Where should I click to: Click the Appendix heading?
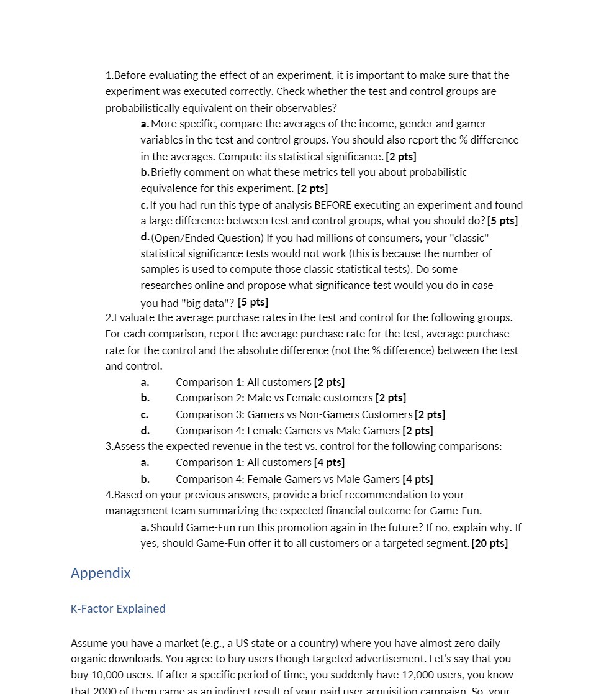pos(101,573)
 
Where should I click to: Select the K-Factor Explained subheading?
pos(118,609)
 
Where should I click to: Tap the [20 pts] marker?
pos(490,544)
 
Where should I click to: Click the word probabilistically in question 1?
pos(147,108)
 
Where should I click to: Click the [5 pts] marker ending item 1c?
pos(503,221)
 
